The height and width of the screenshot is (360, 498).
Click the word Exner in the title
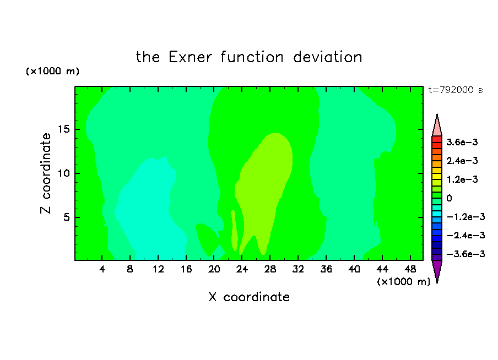190,57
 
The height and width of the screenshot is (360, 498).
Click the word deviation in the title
327,57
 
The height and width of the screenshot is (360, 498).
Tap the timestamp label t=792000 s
456,90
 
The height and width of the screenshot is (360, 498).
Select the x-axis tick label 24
242,269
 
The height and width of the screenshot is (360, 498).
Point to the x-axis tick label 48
410,269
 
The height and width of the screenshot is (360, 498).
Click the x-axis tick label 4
101,269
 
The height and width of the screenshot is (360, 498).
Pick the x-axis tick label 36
326,269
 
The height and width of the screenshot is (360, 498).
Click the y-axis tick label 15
63,129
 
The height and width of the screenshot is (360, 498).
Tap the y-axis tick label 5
66,217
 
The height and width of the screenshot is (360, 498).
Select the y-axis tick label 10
63,173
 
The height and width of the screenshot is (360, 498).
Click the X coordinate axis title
249,297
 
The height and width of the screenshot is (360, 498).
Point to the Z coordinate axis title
45,173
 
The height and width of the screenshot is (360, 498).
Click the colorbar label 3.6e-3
462,142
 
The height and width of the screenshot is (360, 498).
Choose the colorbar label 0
449,198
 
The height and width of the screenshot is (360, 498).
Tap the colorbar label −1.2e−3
465,217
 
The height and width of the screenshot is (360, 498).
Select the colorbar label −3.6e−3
465,254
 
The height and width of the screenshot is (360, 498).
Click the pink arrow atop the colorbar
437,125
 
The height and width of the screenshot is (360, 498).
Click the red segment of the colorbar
437,139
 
